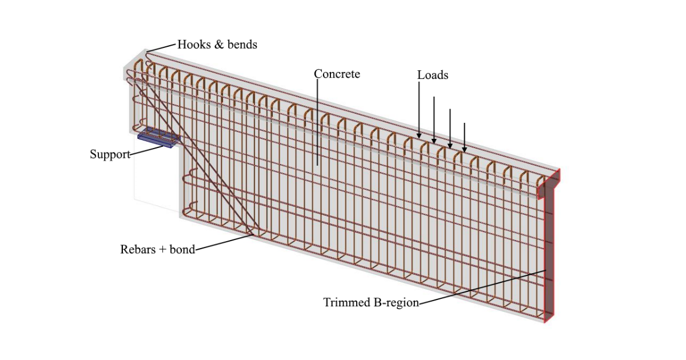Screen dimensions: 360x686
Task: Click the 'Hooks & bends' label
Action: tap(217, 44)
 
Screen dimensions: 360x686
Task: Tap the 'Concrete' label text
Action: tap(337, 74)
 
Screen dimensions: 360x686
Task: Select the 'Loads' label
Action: tap(433, 75)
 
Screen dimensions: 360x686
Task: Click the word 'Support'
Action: tap(110, 154)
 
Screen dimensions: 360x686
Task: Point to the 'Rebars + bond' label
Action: tap(157, 249)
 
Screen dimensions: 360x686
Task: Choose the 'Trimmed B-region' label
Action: tap(371, 302)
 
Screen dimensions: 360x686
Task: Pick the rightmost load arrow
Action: tap(464, 137)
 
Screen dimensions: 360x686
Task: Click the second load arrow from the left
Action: tap(434, 120)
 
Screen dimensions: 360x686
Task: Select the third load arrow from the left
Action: tap(450, 129)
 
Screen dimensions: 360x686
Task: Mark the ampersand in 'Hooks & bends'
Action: tap(219, 44)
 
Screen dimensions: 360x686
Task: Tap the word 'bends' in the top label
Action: tap(242, 44)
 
